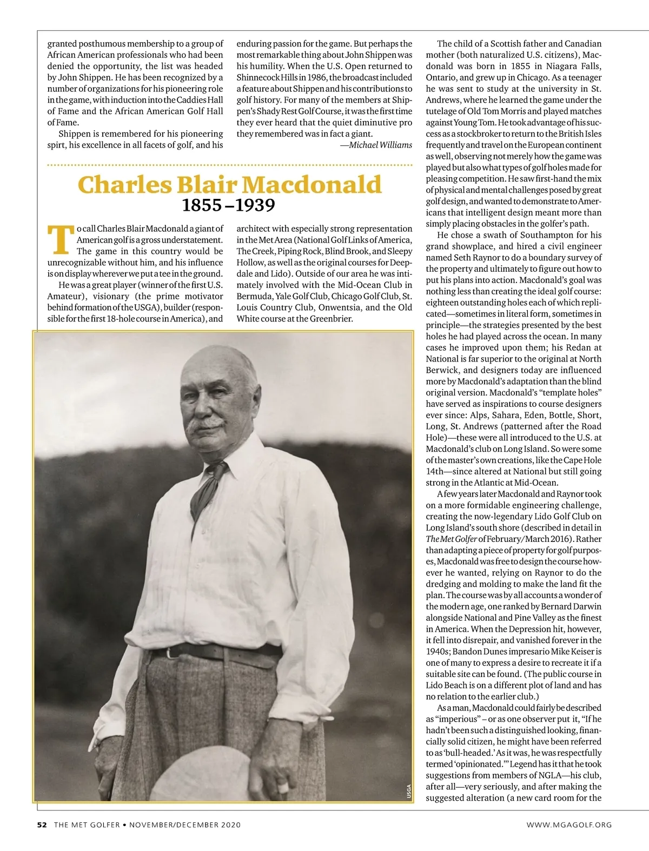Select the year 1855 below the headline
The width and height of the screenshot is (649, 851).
pos(202,205)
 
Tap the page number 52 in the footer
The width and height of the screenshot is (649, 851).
pos(42,825)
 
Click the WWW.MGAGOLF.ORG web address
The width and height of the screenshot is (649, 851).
pos(569,825)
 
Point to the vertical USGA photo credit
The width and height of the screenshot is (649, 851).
pos(409,792)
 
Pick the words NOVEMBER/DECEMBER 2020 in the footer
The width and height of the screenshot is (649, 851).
pos(184,825)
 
